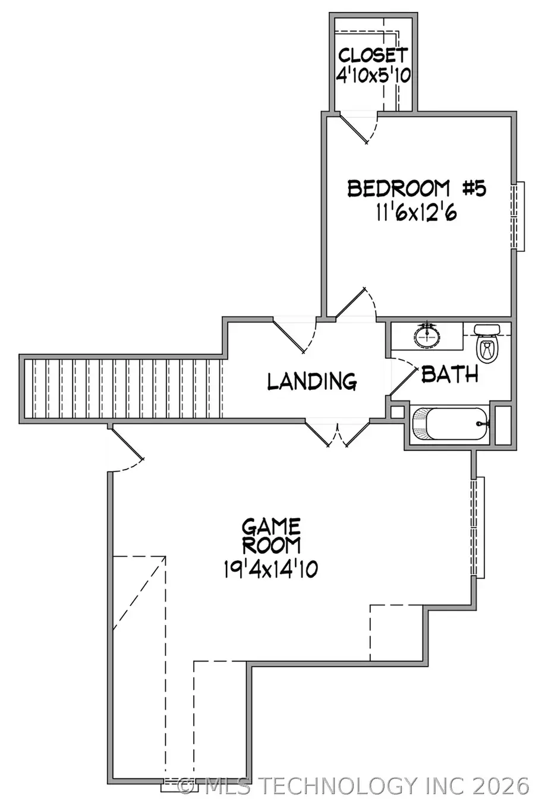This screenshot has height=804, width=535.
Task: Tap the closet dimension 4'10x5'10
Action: [373, 75]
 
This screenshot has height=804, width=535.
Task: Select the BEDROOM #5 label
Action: [417, 189]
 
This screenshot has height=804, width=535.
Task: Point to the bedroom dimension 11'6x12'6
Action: [417, 212]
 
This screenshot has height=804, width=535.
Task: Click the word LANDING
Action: [311, 381]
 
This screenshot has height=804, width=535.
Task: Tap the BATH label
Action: [450, 374]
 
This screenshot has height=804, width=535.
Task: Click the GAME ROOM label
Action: [271, 535]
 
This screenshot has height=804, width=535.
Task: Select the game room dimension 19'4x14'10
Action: [271, 569]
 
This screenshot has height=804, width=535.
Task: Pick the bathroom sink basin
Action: [427, 336]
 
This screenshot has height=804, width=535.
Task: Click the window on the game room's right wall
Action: [478, 526]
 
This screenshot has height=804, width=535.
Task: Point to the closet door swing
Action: [358, 128]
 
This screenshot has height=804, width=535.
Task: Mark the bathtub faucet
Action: [483, 424]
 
